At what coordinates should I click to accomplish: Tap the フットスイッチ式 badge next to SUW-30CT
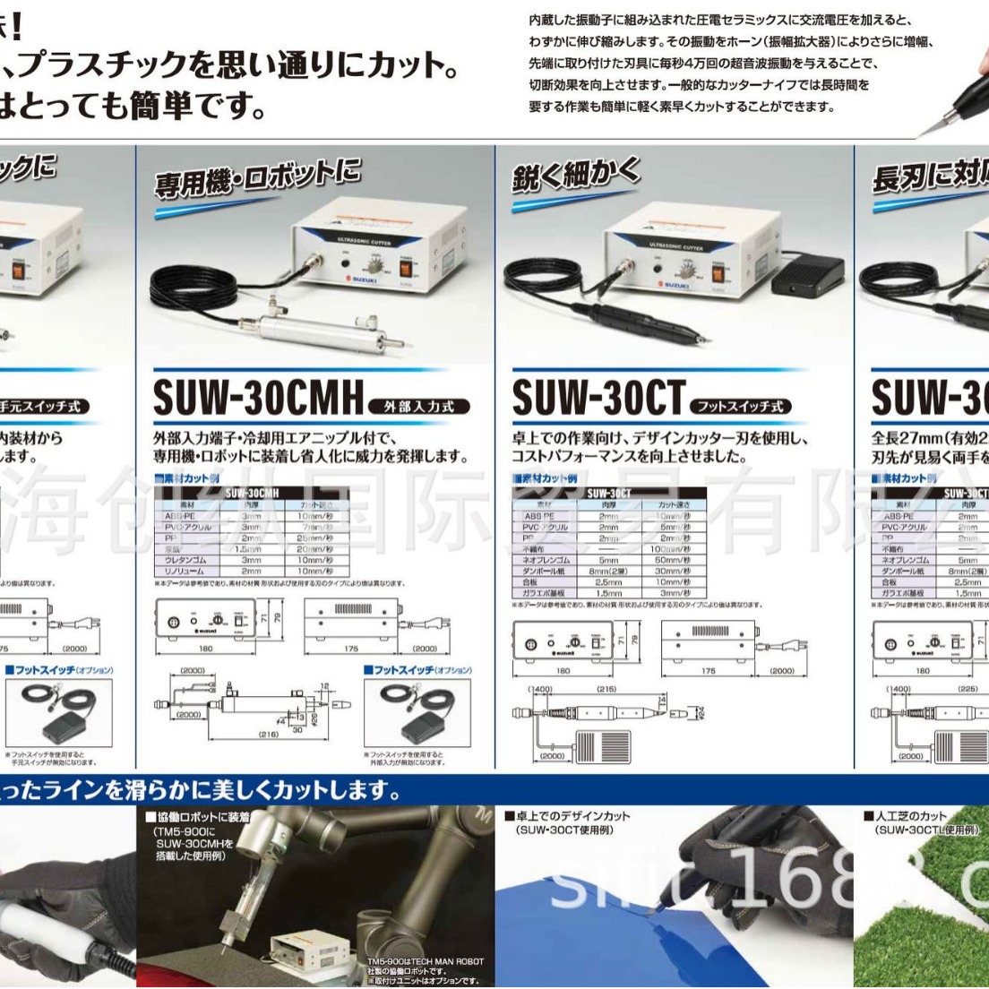coord(742,407)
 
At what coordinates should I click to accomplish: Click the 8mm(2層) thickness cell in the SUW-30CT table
coord(608,571)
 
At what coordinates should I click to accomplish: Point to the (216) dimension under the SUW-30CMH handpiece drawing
coord(269,734)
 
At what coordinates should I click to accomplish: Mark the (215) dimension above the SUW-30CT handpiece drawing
coord(606,689)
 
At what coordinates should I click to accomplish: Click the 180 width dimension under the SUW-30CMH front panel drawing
coord(205,649)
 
